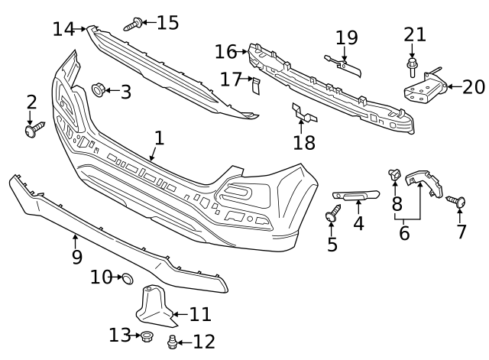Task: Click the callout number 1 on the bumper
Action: pos(159,138)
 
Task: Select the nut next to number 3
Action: pos(98,91)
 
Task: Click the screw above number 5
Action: pos(333,216)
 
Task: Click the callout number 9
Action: pos(76,257)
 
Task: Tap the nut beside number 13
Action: pos(144,336)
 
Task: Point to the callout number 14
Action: pos(64,30)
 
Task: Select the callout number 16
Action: pos(225,52)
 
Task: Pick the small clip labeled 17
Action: pos(256,86)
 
